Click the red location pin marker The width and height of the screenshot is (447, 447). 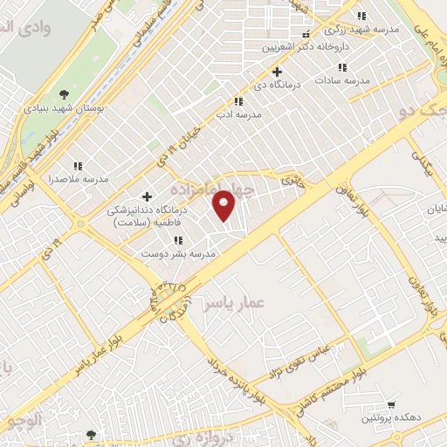(x=225, y=204)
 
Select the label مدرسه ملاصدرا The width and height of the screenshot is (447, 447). (x=78, y=179)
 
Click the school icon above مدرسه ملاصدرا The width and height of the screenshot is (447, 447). (x=78, y=165)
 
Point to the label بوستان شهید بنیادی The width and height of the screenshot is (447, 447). (x=64, y=108)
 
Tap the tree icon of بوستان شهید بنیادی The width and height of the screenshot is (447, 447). (x=64, y=94)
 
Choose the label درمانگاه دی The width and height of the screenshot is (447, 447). (x=279, y=86)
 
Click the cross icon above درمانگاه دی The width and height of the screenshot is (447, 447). (x=278, y=72)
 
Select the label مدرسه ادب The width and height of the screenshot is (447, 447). (x=238, y=114)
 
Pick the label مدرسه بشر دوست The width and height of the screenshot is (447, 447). (x=179, y=253)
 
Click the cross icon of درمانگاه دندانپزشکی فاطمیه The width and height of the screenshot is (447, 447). (x=147, y=196)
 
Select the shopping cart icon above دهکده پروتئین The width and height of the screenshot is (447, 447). (x=391, y=405)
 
